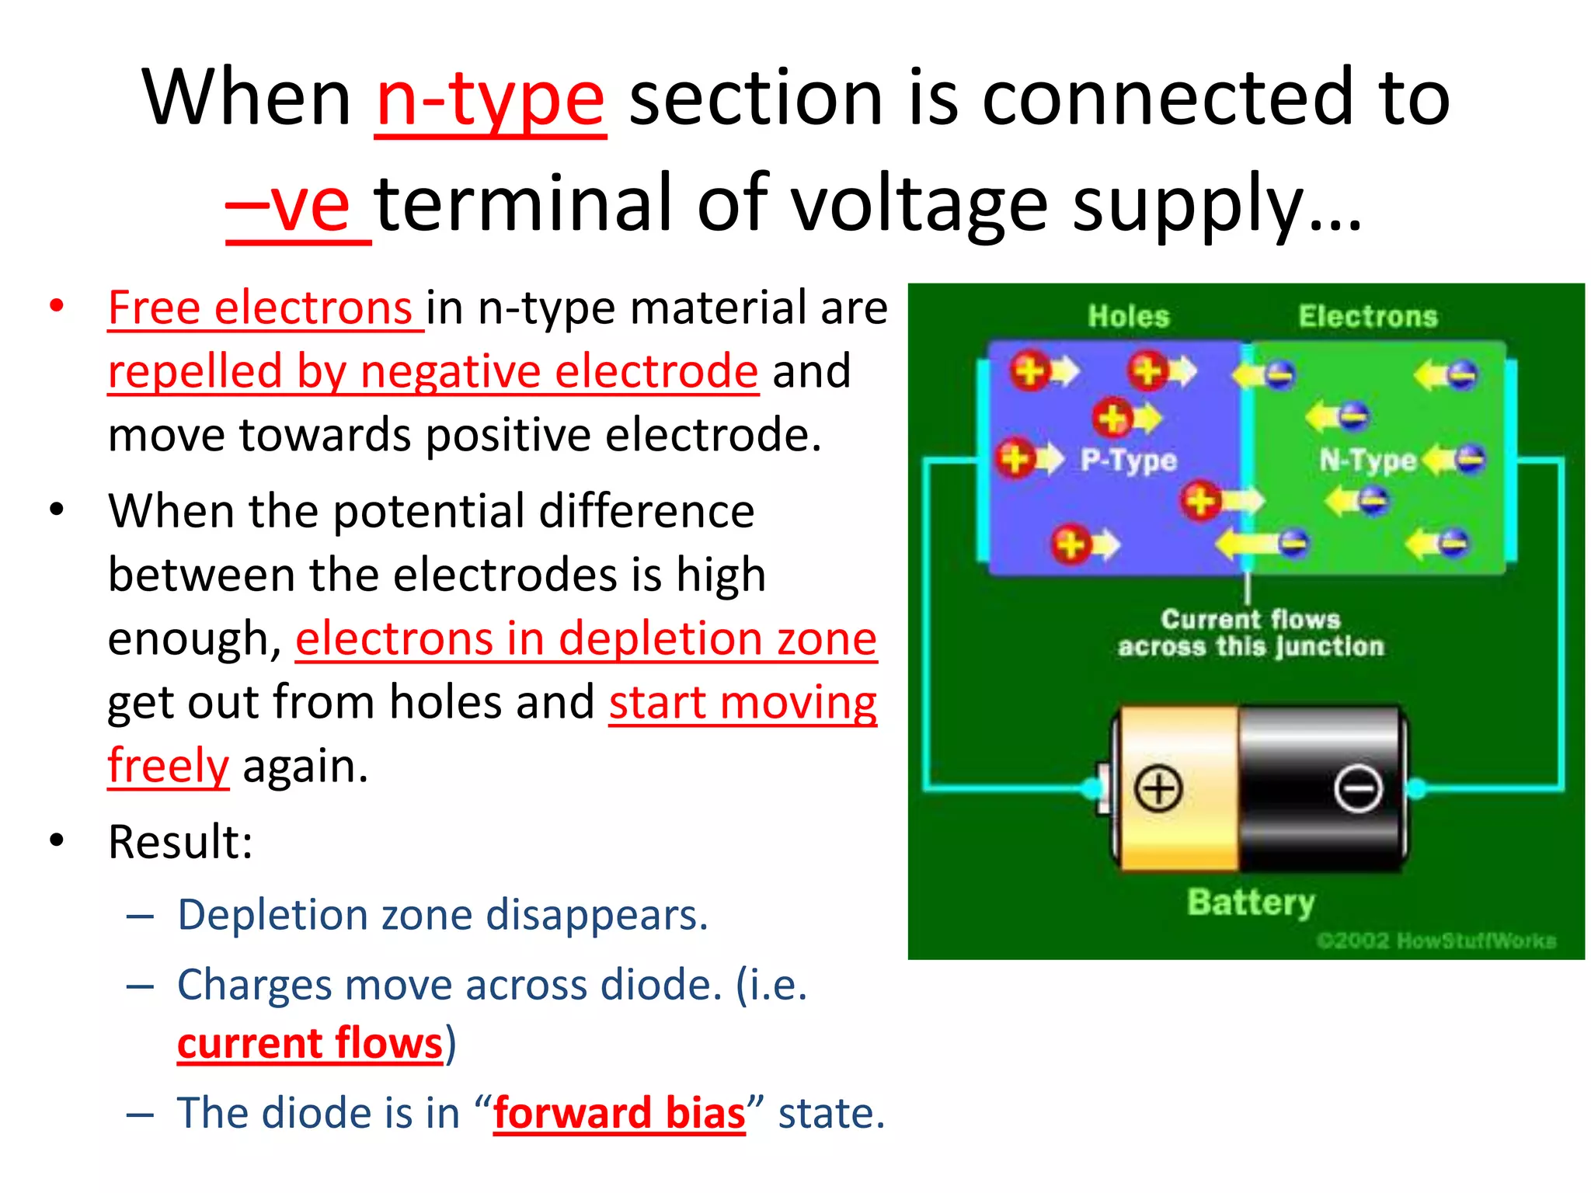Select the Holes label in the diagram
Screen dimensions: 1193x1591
click(x=1128, y=316)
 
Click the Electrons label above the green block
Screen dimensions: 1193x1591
click(x=1368, y=316)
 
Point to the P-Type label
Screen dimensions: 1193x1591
click(x=1129, y=461)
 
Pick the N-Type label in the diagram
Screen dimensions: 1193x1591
click(x=1367, y=461)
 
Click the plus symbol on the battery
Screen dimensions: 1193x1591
click(x=1158, y=788)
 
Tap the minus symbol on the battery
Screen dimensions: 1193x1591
click(x=1358, y=789)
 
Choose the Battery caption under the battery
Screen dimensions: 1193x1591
click(x=1251, y=903)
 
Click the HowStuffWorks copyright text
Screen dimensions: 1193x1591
click(x=1436, y=941)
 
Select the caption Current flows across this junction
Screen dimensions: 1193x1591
click(x=1251, y=633)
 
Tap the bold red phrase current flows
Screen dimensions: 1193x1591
click(x=310, y=1043)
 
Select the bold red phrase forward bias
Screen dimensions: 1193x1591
click(x=619, y=1113)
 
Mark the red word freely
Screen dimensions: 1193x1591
click(x=169, y=766)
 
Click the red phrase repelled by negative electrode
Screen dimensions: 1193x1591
click(x=433, y=371)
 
